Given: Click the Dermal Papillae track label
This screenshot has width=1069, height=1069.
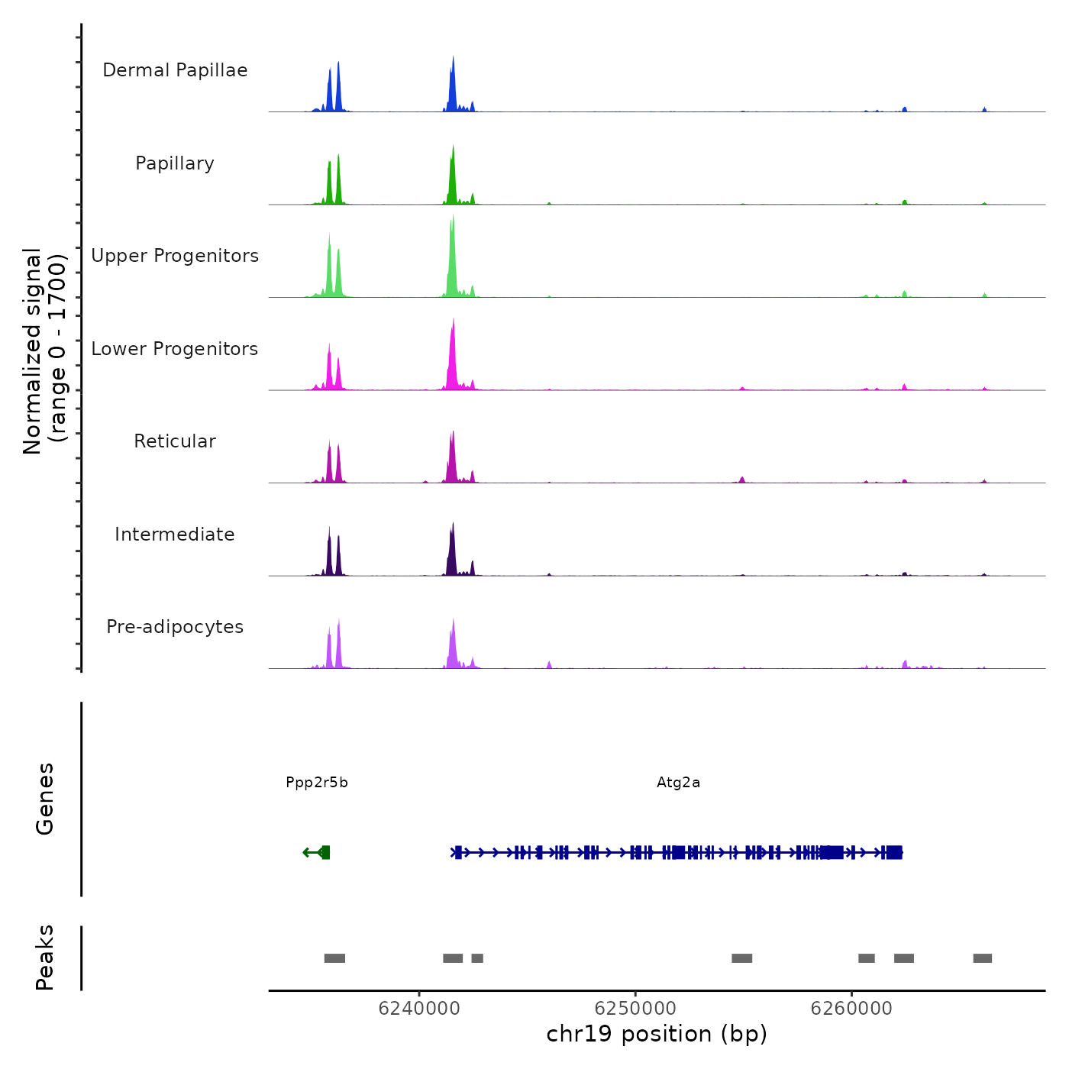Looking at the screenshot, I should click(x=175, y=70).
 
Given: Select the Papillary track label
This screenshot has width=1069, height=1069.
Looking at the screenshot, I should click(x=175, y=163).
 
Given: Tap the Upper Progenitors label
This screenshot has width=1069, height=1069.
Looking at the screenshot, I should click(x=175, y=256).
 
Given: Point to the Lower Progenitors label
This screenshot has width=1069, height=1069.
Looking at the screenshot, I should click(x=175, y=349).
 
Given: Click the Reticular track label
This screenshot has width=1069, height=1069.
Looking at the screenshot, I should click(x=175, y=441).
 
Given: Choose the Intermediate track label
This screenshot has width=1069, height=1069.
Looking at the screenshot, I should click(x=175, y=534).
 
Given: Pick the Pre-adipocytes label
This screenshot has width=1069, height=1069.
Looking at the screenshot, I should click(x=175, y=627).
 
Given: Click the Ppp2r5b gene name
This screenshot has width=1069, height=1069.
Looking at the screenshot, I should click(x=317, y=783).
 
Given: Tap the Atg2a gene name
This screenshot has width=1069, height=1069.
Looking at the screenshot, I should click(x=678, y=783).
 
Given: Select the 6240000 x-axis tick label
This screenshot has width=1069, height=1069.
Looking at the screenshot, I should click(x=419, y=1009).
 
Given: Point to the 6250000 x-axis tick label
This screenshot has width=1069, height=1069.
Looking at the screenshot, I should click(x=635, y=1009).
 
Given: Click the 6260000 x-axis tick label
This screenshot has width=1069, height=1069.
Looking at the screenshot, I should click(x=851, y=1009).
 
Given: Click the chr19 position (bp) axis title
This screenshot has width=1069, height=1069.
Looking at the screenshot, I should click(x=657, y=1034).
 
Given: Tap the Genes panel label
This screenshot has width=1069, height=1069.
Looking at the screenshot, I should click(x=45, y=799).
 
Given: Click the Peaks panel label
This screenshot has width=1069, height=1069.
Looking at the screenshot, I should click(x=45, y=958).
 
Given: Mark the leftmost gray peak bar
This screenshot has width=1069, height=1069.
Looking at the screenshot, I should click(x=334, y=958).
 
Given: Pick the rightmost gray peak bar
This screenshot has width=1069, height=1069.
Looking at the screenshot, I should click(x=982, y=958).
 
